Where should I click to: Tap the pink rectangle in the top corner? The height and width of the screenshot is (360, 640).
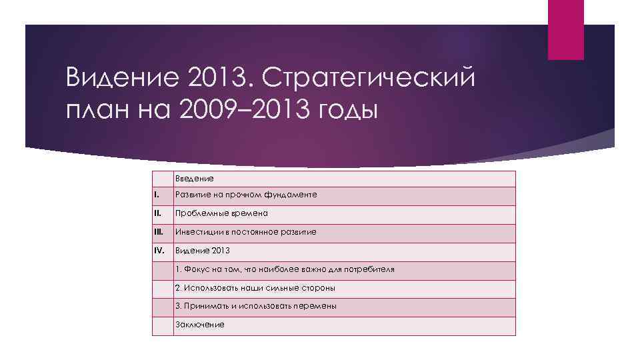click(x=565, y=29)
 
